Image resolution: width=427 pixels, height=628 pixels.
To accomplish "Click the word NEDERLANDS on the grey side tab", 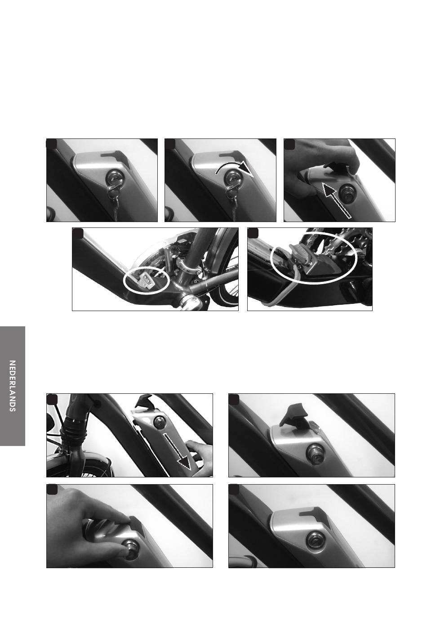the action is click(12, 386).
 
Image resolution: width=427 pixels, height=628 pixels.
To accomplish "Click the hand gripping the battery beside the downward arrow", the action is click(200, 458).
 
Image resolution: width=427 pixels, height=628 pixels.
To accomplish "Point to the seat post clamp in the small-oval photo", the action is click(187, 263).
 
